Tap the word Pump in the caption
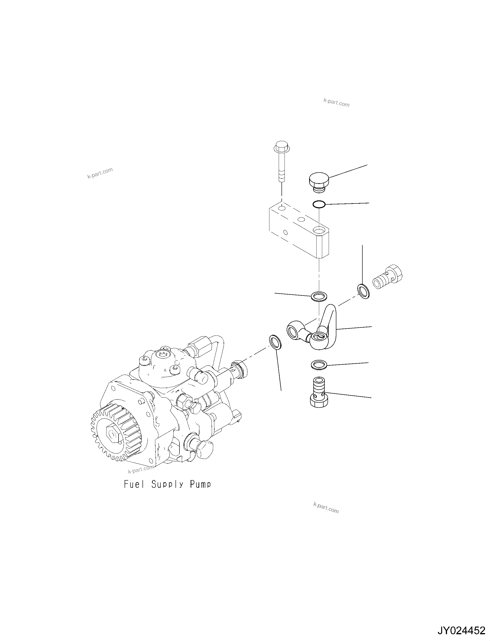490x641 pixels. (x=200, y=485)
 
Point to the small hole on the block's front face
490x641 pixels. (x=285, y=232)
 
